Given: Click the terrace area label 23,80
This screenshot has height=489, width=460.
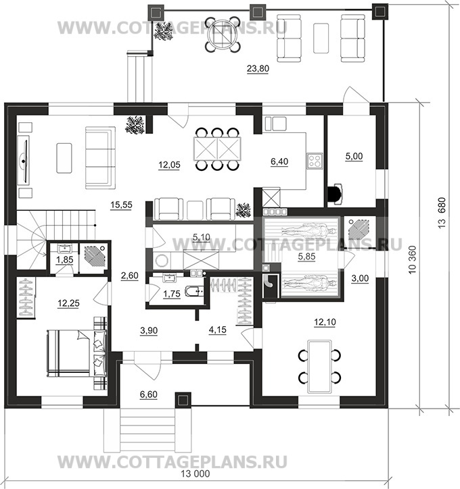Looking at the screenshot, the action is point(258,68).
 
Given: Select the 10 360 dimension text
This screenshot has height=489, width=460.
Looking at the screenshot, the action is point(413,260).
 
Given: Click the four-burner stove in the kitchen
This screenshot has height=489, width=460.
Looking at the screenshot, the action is point(314,161).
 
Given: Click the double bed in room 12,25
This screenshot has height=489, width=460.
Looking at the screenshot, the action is point(77,353).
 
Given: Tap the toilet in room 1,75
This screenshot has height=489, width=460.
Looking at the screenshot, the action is point(193,292).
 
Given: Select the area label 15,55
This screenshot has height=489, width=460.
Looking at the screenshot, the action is point(121,205).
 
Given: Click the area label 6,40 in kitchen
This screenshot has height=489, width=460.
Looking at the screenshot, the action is point(279,161).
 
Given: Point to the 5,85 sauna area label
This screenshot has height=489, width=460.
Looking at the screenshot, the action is point(306,257).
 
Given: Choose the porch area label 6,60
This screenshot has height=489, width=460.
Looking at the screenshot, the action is point(148,394).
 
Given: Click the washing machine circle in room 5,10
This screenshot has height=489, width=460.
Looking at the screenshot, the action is point(162,261).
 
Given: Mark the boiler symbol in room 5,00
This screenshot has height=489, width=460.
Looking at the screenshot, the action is point(335,194).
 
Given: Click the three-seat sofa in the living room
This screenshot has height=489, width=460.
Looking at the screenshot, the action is point(100,157).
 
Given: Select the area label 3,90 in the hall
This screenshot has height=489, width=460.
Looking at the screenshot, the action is point(149,330).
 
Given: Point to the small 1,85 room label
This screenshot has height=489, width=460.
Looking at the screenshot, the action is point(65,259).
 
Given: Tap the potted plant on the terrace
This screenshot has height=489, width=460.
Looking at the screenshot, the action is point(164,32).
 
